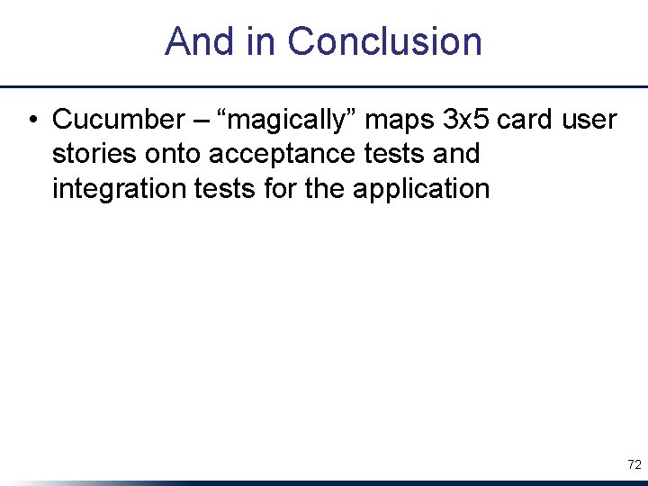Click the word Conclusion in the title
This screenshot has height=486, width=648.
click(384, 41)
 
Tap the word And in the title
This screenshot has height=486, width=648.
click(191, 41)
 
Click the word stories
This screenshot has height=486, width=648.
click(93, 154)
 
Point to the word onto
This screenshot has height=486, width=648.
click(171, 154)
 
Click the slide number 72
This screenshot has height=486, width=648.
click(634, 464)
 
